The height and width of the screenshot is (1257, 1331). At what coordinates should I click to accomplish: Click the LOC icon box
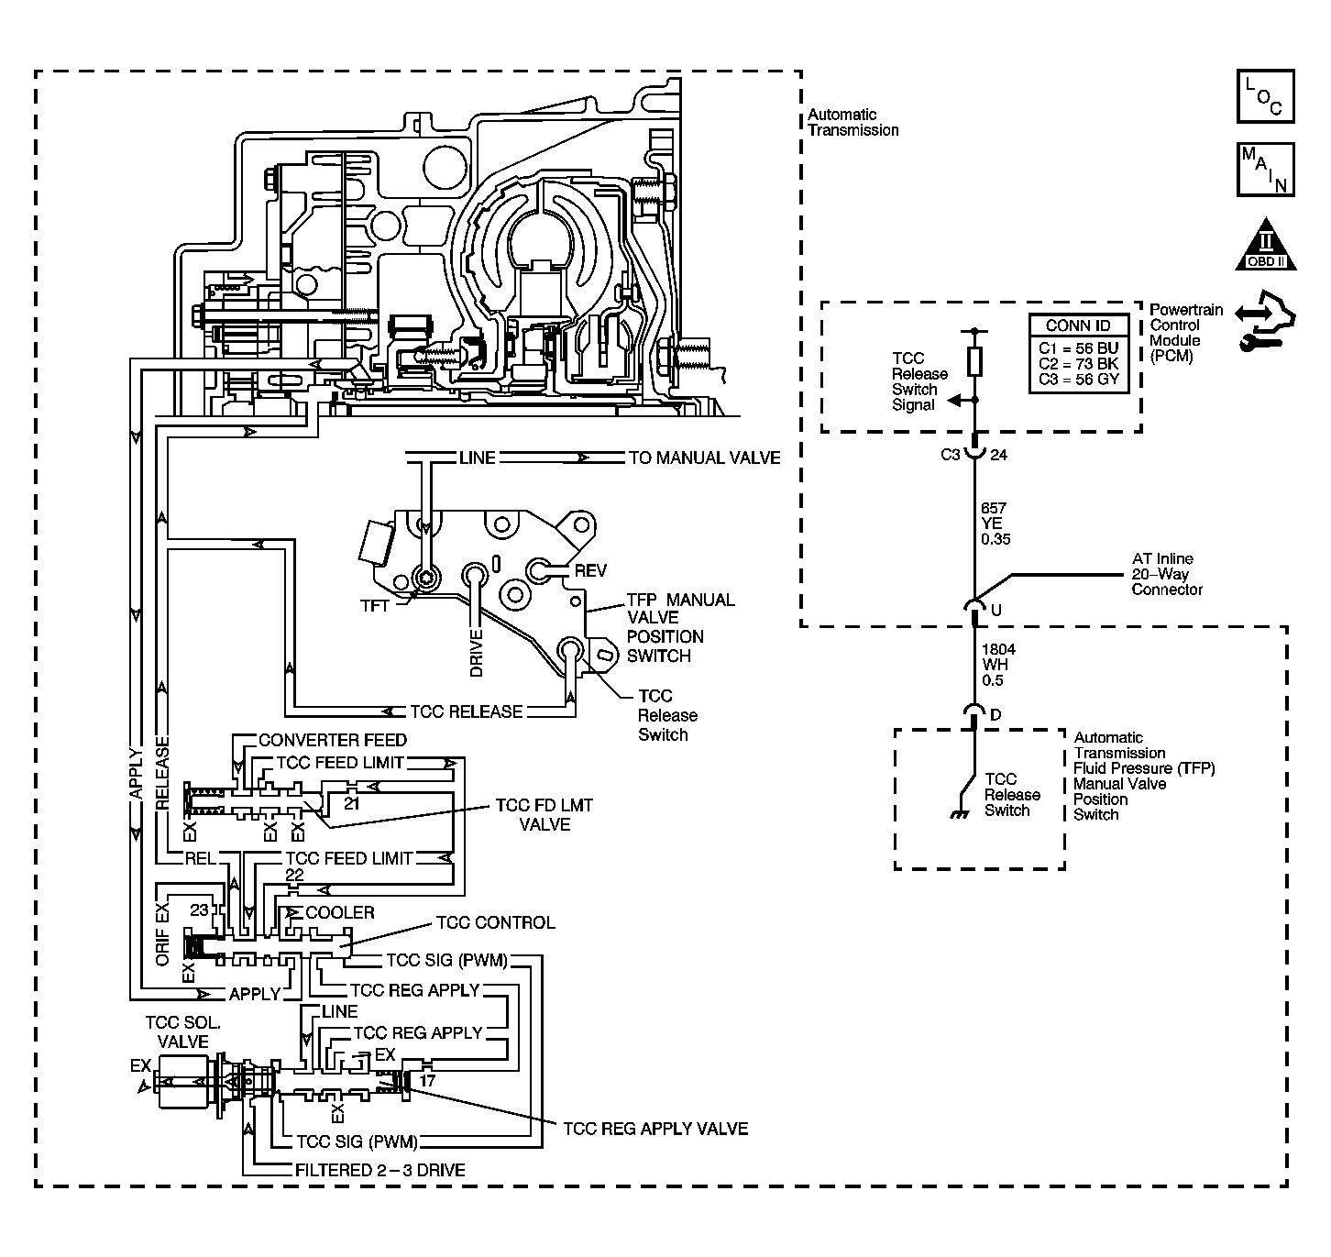click(1265, 96)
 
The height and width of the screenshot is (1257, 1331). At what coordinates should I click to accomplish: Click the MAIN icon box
click(1265, 170)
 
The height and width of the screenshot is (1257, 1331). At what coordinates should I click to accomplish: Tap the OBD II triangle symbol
click(1265, 245)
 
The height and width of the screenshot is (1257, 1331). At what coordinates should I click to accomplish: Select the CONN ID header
click(1078, 325)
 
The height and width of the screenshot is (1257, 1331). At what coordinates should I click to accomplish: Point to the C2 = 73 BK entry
click(1078, 364)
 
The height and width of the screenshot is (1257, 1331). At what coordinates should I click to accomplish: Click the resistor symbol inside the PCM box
click(975, 361)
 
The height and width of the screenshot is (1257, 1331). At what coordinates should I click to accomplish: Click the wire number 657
click(994, 508)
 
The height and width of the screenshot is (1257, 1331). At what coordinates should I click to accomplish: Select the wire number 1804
click(998, 649)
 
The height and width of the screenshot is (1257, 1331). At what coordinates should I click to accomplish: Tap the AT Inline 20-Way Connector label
click(1167, 574)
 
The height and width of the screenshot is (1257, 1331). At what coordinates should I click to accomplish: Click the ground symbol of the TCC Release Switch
click(960, 814)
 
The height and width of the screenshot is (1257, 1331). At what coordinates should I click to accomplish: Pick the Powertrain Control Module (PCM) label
click(1186, 333)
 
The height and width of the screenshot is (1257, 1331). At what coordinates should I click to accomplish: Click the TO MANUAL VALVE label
click(704, 458)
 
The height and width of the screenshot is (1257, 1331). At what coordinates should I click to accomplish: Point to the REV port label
click(590, 570)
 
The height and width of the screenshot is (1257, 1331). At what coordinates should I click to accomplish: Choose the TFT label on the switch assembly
click(375, 606)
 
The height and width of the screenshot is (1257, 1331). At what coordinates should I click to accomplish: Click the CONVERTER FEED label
click(333, 740)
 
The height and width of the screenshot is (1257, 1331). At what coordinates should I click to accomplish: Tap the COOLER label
click(340, 912)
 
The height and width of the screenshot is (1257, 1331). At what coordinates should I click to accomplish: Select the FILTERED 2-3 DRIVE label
click(380, 1170)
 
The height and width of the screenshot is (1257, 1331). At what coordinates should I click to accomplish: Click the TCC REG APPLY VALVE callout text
click(655, 1129)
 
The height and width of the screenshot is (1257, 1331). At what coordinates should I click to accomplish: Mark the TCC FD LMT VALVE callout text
click(544, 814)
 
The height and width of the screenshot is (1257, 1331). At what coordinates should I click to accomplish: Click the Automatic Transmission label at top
click(852, 123)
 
